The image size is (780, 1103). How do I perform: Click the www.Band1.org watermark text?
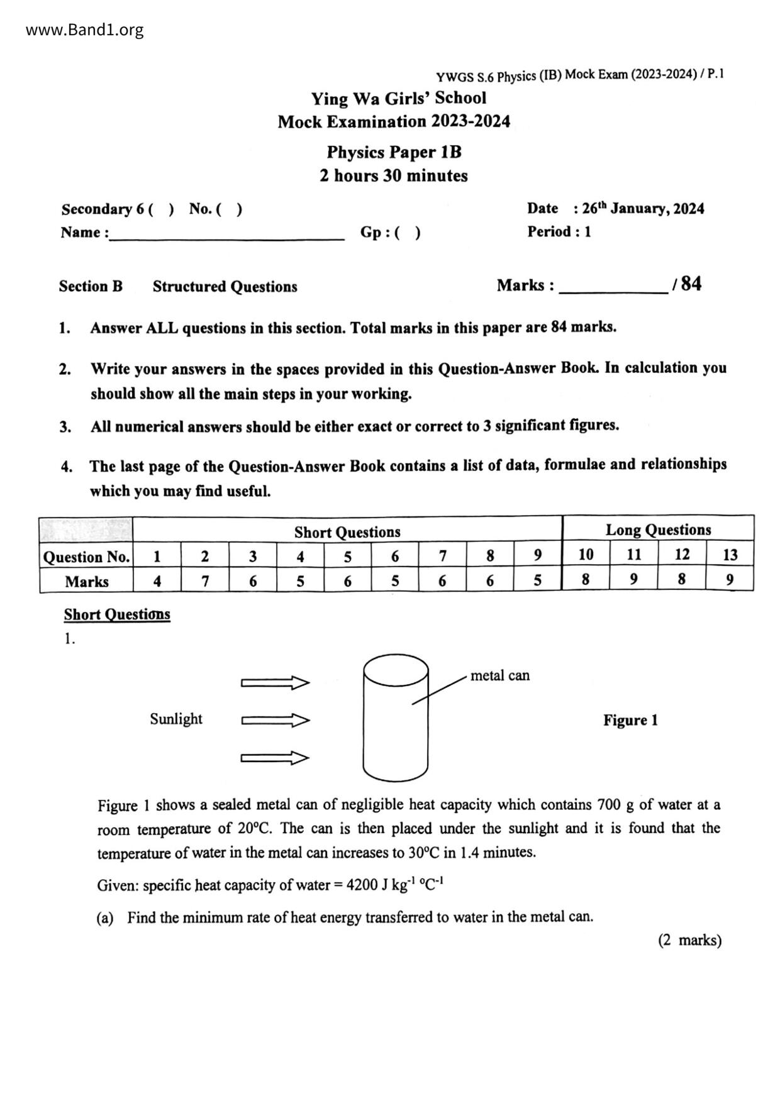point(85,30)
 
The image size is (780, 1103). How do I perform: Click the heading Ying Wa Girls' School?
point(398,98)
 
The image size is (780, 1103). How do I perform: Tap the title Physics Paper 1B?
point(394,152)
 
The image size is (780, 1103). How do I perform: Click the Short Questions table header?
point(347,532)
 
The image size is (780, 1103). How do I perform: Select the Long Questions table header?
point(658,529)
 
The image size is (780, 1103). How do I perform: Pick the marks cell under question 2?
point(205,581)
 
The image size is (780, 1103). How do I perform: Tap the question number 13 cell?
point(730,555)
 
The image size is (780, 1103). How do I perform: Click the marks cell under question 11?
point(633,579)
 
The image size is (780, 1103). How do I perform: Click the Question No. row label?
point(86,557)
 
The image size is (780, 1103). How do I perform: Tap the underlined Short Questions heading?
point(117,614)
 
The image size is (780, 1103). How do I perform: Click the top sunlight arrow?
point(275,683)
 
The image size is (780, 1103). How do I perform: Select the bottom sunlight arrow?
point(275,758)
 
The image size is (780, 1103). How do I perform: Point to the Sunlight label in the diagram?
point(176,719)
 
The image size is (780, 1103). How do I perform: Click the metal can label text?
point(500,675)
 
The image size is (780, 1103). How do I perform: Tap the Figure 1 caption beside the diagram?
point(630,720)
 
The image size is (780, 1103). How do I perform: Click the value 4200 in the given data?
point(362,885)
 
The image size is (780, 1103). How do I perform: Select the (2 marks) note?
point(689,940)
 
